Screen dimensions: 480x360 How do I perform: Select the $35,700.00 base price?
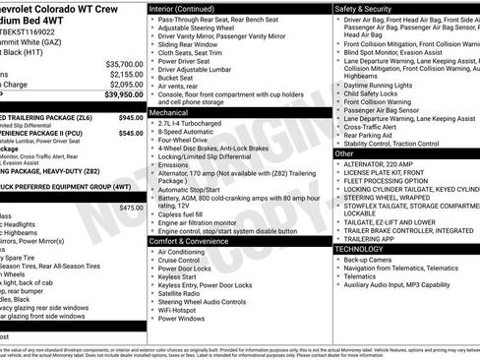click(x=111, y=62)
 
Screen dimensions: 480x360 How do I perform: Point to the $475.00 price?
click(x=130, y=207)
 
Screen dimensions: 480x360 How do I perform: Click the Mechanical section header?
click(x=170, y=113)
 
